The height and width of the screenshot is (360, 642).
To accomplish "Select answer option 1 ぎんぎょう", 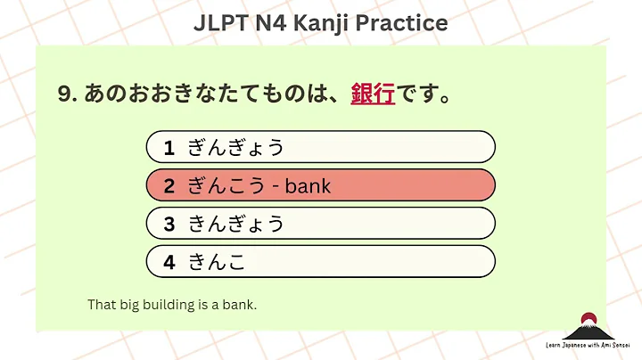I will [320, 147].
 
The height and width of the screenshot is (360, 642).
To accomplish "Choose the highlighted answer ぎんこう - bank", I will [320, 185].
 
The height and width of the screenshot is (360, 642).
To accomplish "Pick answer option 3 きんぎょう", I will [320, 224].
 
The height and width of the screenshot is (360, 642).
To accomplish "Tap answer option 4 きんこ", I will [320, 262].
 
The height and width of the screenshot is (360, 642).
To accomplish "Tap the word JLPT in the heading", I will [224, 22].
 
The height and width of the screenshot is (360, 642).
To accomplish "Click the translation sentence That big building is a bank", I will [172, 305].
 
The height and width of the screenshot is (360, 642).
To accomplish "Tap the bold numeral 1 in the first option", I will [169, 147].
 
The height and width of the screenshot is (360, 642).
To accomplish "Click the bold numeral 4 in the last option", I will [169, 262].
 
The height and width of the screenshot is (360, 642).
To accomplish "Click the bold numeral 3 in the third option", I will [169, 224].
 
